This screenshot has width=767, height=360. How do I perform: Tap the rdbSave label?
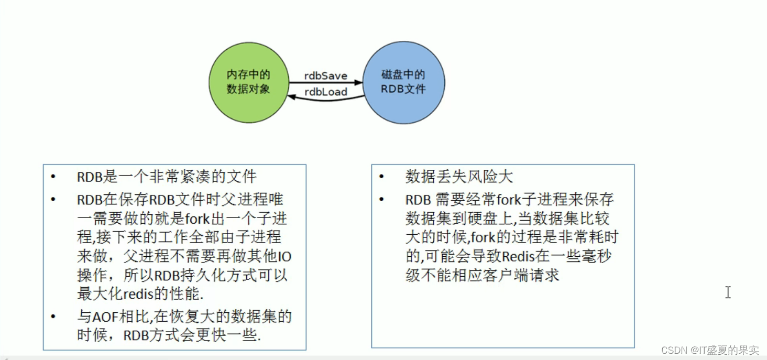click(x=326, y=76)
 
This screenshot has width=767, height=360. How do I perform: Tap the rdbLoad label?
click(x=326, y=92)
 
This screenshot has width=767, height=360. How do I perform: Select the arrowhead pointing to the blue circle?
click(x=358, y=82)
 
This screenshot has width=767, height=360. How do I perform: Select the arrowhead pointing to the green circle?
click(x=292, y=96)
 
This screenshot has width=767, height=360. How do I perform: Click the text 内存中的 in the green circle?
click(x=248, y=75)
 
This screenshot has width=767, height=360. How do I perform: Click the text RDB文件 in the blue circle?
click(x=403, y=89)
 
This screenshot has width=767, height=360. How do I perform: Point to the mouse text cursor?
click(x=728, y=292)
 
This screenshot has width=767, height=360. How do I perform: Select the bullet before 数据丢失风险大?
click(x=381, y=177)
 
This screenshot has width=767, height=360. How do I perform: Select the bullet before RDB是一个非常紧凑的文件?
click(x=53, y=177)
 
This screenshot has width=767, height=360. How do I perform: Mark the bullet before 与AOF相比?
click(x=53, y=317)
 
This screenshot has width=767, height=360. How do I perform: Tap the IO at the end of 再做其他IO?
click(x=284, y=256)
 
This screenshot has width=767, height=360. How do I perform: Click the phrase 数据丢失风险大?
click(x=459, y=177)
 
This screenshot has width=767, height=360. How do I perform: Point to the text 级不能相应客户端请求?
click(x=482, y=275)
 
